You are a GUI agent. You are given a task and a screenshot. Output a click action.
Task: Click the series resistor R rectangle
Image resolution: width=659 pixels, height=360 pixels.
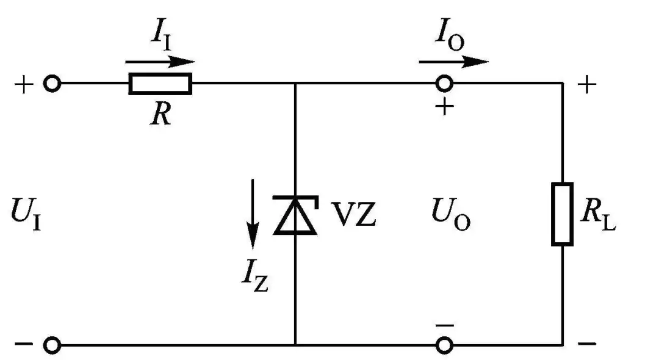tap(160, 84)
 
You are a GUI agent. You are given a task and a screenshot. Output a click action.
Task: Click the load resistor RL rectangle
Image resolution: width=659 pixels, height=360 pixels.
tap(562, 214)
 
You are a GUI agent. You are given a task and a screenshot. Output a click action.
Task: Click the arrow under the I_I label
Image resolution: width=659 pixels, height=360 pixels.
tap(160, 62)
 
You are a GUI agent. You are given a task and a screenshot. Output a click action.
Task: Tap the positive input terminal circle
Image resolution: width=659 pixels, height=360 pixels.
tap(53, 84)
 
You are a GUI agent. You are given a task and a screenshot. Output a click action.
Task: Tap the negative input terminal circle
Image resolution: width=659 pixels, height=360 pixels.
tap(53, 345)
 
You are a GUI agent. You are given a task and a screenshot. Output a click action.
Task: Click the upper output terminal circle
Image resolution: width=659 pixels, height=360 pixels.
tap(444, 84)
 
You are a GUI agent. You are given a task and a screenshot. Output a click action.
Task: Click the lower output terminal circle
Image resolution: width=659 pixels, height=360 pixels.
tap(444, 345)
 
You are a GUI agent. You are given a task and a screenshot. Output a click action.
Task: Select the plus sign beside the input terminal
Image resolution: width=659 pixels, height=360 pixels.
tap(24, 84)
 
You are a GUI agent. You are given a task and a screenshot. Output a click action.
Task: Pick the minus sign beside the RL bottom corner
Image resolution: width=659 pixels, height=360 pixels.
tap(586, 345)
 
